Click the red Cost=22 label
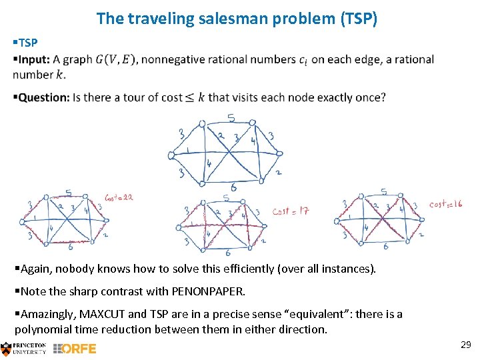[119, 198]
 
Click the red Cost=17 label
[290, 211]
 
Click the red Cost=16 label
[445, 204]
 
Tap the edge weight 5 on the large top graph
[231, 119]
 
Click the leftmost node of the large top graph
[171, 155]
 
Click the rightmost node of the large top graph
[280, 153]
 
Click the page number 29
[465, 344]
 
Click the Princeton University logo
[24, 348]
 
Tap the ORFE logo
[75, 348]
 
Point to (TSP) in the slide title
[359, 18]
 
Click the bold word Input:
[34, 59]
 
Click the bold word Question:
[44, 97]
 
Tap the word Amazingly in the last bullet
[48, 314]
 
